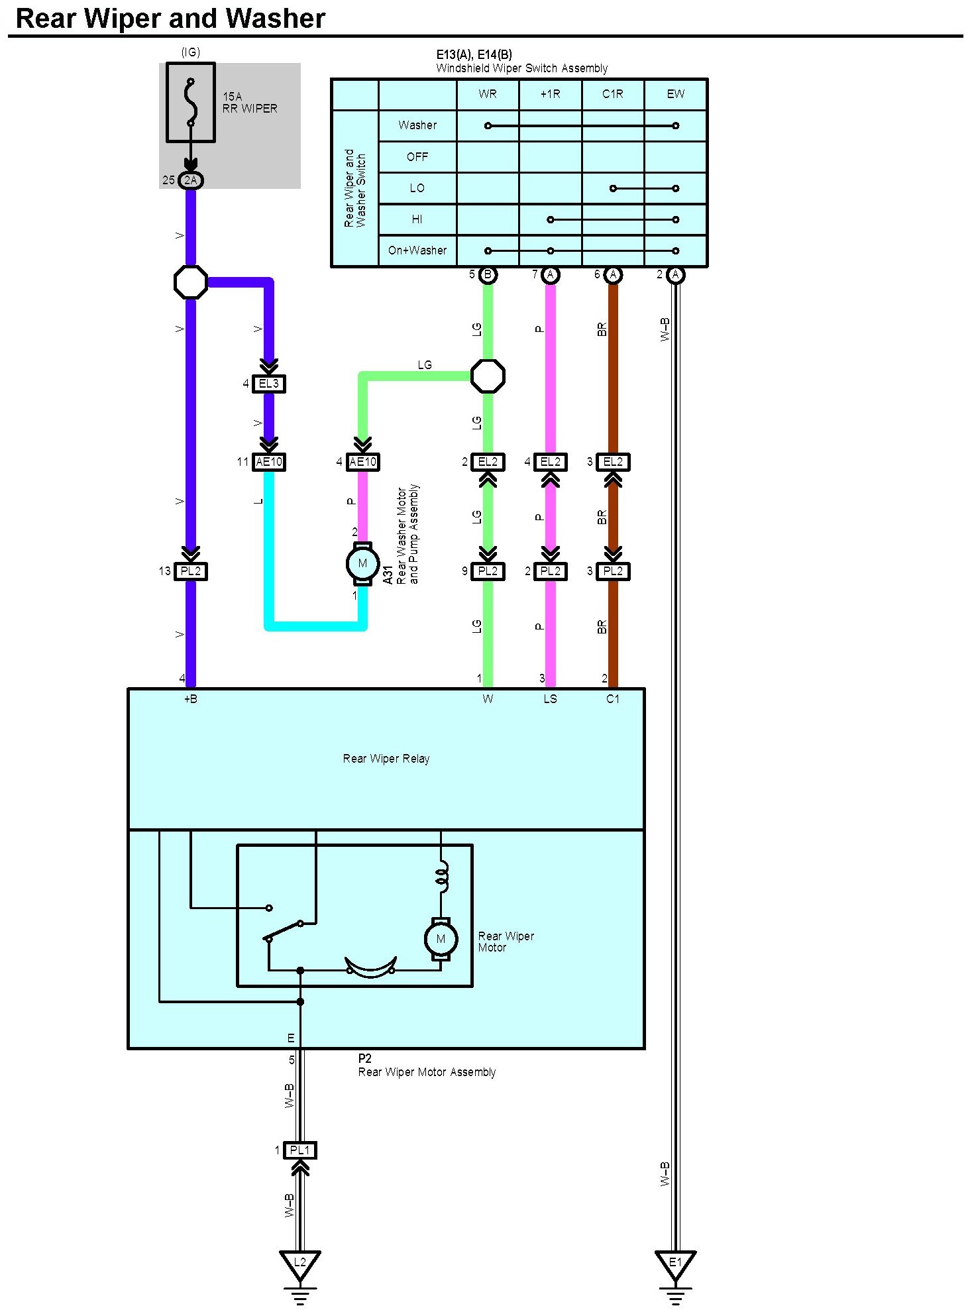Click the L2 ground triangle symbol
[299, 1263]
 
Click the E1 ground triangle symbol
[675, 1263]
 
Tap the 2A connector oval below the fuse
[191, 180]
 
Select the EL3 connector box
[269, 384]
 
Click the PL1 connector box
[299, 1150]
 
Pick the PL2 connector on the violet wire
[191, 571]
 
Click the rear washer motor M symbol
[362, 564]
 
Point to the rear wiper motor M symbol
[441, 939]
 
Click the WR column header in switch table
[488, 94]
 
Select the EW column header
[675, 94]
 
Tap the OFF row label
[417, 157]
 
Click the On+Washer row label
[417, 250]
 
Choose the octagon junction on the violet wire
[191, 282]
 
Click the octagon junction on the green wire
[488, 376]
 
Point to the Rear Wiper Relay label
[386, 759]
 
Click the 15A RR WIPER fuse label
[250, 103]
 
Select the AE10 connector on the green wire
[362, 462]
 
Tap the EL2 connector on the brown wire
[613, 462]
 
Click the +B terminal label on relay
[191, 699]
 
